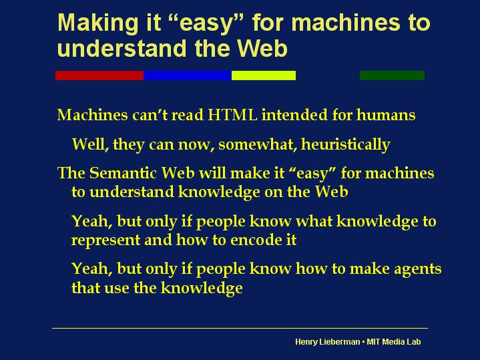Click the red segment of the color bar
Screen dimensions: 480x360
click(x=99, y=75)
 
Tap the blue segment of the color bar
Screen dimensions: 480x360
click(x=188, y=75)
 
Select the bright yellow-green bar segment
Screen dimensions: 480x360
click(x=264, y=75)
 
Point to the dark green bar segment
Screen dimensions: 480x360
click(x=392, y=75)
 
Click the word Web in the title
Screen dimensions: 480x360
click(x=262, y=48)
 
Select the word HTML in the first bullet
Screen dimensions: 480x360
click(x=232, y=115)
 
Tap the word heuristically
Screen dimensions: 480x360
click(x=346, y=144)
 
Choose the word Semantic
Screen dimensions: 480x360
click(x=126, y=173)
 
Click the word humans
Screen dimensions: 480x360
click(x=386, y=115)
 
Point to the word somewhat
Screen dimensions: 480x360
click(x=258, y=144)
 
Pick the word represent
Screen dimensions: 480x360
click(x=105, y=240)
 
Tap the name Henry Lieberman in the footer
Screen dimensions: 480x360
click(x=327, y=341)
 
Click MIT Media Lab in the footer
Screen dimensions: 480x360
click(x=394, y=341)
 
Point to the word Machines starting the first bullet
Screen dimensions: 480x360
click(x=92, y=115)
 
